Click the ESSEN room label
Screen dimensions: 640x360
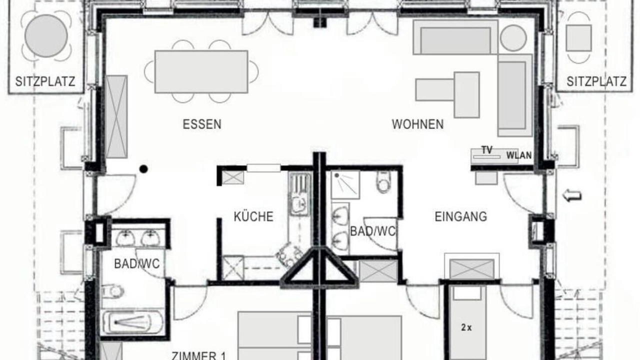(x=202, y=124)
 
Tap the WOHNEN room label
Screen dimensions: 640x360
(x=417, y=124)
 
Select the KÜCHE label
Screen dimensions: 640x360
(x=253, y=216)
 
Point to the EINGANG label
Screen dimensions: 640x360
(x=461, y=216)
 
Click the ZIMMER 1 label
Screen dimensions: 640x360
(x=198, y=355)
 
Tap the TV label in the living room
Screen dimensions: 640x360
(x=487, y=150)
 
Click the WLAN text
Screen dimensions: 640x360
(x=519, y=155)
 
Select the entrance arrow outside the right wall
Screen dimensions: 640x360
(x=572, y=195)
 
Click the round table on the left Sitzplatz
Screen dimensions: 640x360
(x=46, y=36)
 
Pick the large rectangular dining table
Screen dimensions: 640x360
(x=201, y=71)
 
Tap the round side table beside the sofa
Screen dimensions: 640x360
(x=513, y=38)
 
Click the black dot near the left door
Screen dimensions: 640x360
(x=143, y=169)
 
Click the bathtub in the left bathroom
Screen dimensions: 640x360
(x=133, y=323)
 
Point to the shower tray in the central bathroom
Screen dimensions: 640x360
(x=345, y=185)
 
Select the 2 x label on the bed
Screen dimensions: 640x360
(x=466, y=327)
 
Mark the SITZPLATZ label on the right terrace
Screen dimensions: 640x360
(x=596, y=81)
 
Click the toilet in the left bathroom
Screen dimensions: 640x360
(x=113, y=291)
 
